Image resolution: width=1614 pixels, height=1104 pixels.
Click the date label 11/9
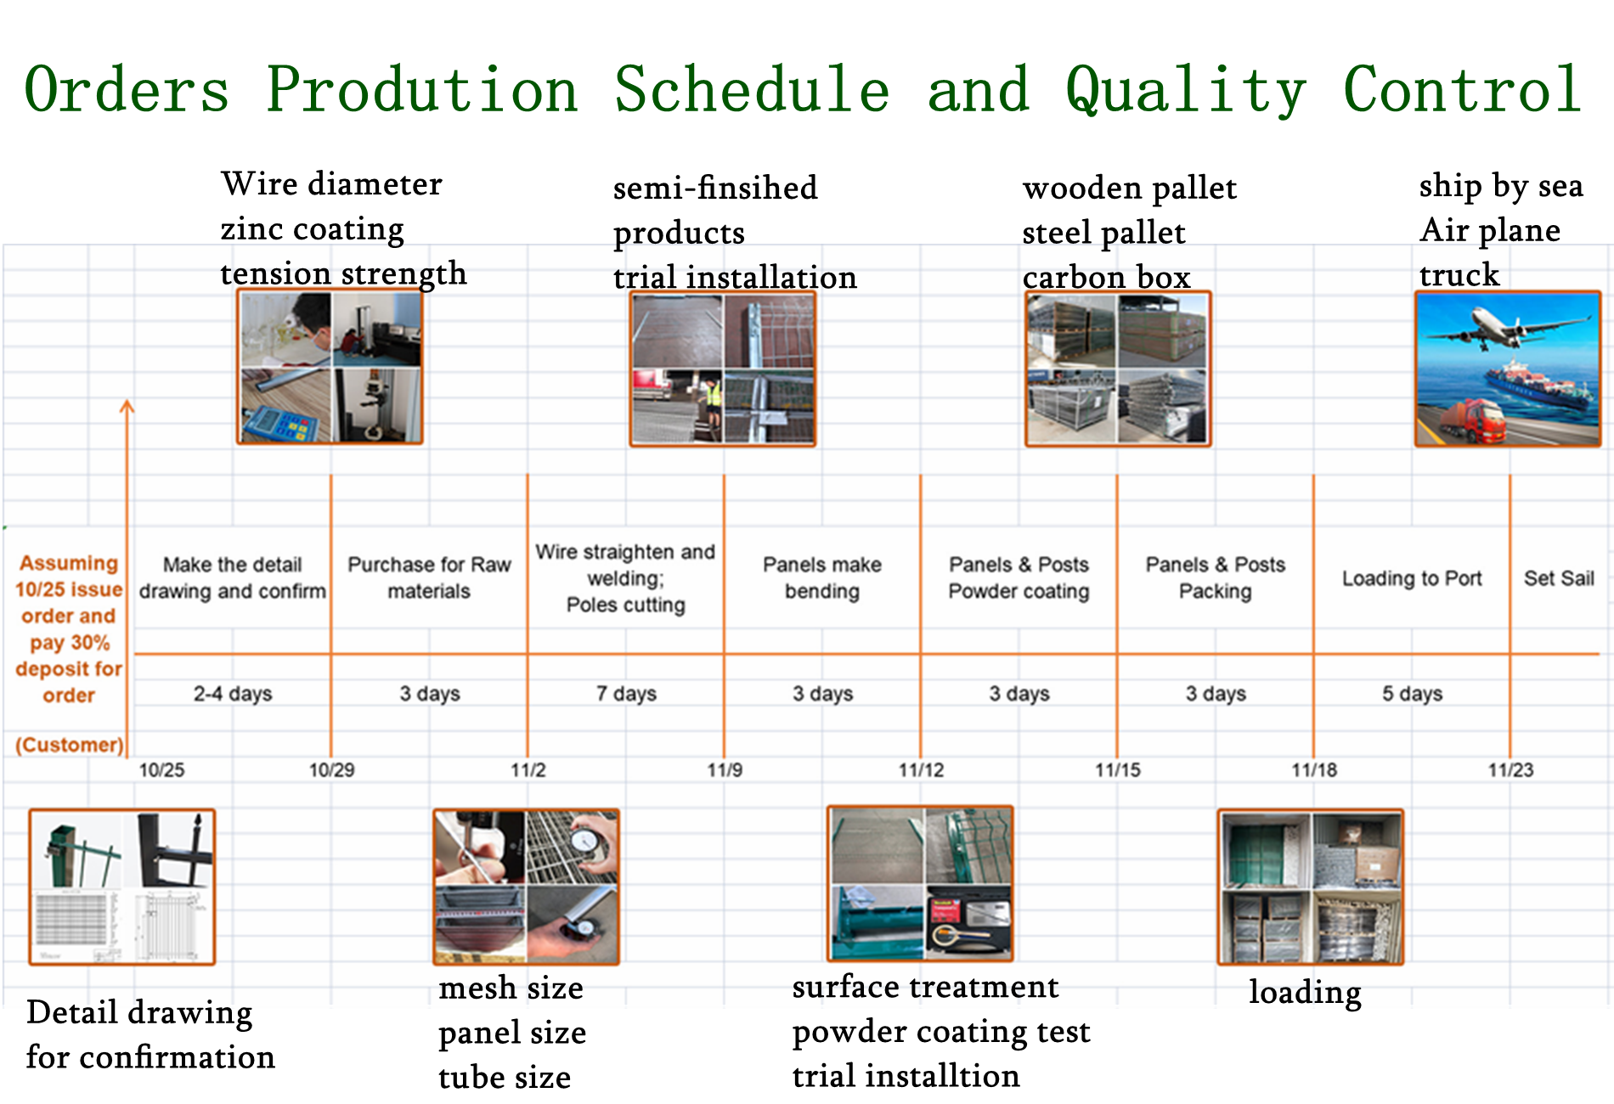(x=725, y=770)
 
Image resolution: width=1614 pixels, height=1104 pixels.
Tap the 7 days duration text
(x=626, y=694)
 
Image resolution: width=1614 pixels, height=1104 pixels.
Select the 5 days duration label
(x=1412, y=694)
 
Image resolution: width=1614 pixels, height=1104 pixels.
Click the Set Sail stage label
(x=1559, y=578)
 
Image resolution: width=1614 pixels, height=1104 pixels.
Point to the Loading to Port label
(x=1412, y=578)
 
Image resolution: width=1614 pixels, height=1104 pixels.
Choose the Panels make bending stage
(x=822, y=578)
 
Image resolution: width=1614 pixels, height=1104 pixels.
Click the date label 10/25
(x=161, y=770)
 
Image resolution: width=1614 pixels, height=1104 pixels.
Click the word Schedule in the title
(x=752, y=89)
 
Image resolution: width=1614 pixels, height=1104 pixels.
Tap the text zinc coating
(x=312, y=229)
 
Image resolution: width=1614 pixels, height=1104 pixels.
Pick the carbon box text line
(x=1106, y=277)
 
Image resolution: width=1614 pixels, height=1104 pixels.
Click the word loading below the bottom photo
(x=1305, y=992)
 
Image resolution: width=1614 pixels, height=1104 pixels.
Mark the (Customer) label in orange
(x=70, y=745)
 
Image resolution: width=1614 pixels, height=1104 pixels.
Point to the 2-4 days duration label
(x=233, y=694)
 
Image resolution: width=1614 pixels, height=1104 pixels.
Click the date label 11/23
(x=1510, y=770)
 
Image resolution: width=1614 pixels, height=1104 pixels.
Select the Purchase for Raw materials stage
(x=429, y=578)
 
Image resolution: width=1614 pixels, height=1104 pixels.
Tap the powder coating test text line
(x=941, y=1032)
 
